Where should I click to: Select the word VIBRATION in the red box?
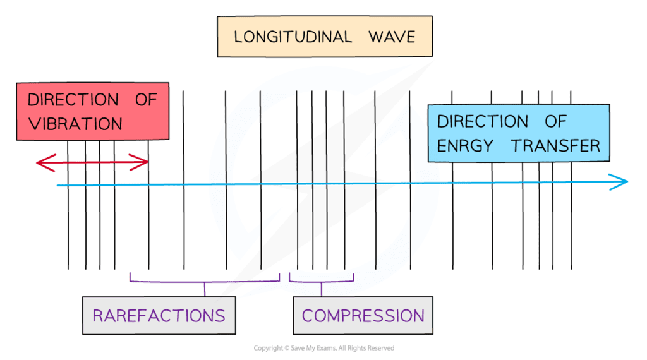coord(75,123)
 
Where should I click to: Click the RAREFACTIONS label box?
coord(159,315)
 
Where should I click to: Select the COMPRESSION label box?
coord(363,315)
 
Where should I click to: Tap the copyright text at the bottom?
coord(323,349)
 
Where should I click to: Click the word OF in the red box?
coord(146,100)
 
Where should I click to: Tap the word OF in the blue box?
coord(555,121)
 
